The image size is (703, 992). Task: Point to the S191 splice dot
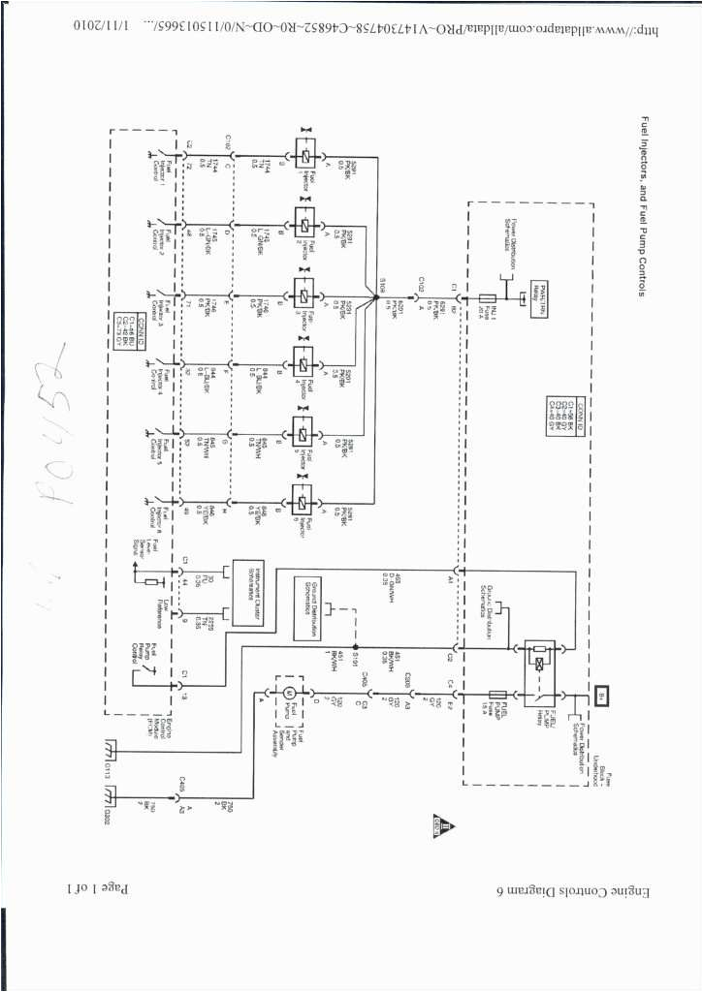tap(357, 648)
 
